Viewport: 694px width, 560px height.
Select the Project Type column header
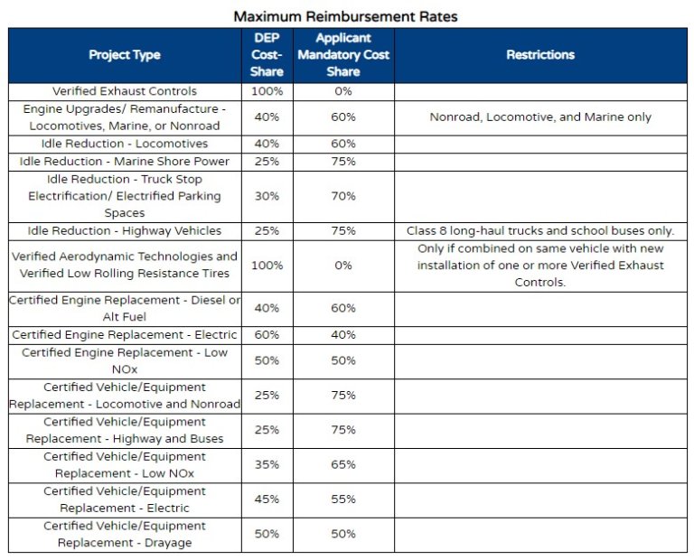pyautogui.click(x=125, y=55)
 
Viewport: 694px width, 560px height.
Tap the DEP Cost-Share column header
pyautogui.click(x=267, y=55)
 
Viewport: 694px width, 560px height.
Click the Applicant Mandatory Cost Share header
pyautogui.click(x=343, y=55)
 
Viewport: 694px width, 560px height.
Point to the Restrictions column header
pyautogui.click(x=540, y=55)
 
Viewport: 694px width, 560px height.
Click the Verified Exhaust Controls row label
pyautogui.click(x=125, y=91)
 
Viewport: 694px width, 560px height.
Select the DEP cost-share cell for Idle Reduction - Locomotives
pyautogui.click(x=267, y=144)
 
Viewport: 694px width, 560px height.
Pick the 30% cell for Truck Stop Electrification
pyautogui.click(x=267, y=196)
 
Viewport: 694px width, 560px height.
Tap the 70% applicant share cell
pyautogui.click(x=343, y=196)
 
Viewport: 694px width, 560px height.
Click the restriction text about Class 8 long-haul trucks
pyautogui.click(x=540, y=231)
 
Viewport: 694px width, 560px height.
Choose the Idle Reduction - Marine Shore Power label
pyautogui.click(x=125, y=162)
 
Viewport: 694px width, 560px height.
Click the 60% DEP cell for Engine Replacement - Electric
pyautogui.click(x=267, y=335)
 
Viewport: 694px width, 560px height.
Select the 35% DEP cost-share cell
pyautogui.click(x=267, y=465)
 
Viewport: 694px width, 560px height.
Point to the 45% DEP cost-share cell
pyautogui.click(x=267, y=499)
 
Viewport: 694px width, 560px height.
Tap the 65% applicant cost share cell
pyautogui.click(x=343, y=465)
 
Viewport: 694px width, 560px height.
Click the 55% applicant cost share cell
pyautogui.click(x=343, y=499)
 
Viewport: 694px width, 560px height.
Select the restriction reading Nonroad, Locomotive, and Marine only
pyautogui.click(x=540, y=117)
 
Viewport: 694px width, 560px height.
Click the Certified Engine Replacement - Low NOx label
pyautogui.click(x=125, y=360)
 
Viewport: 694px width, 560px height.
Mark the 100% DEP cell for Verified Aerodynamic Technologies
pyautogui.click(x=267, y=266)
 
